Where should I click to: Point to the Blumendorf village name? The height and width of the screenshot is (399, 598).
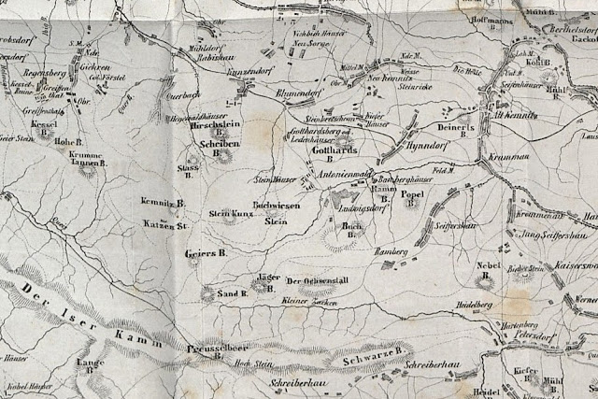[x=300, y=93]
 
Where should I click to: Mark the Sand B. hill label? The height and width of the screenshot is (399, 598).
[x=230, y=294]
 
